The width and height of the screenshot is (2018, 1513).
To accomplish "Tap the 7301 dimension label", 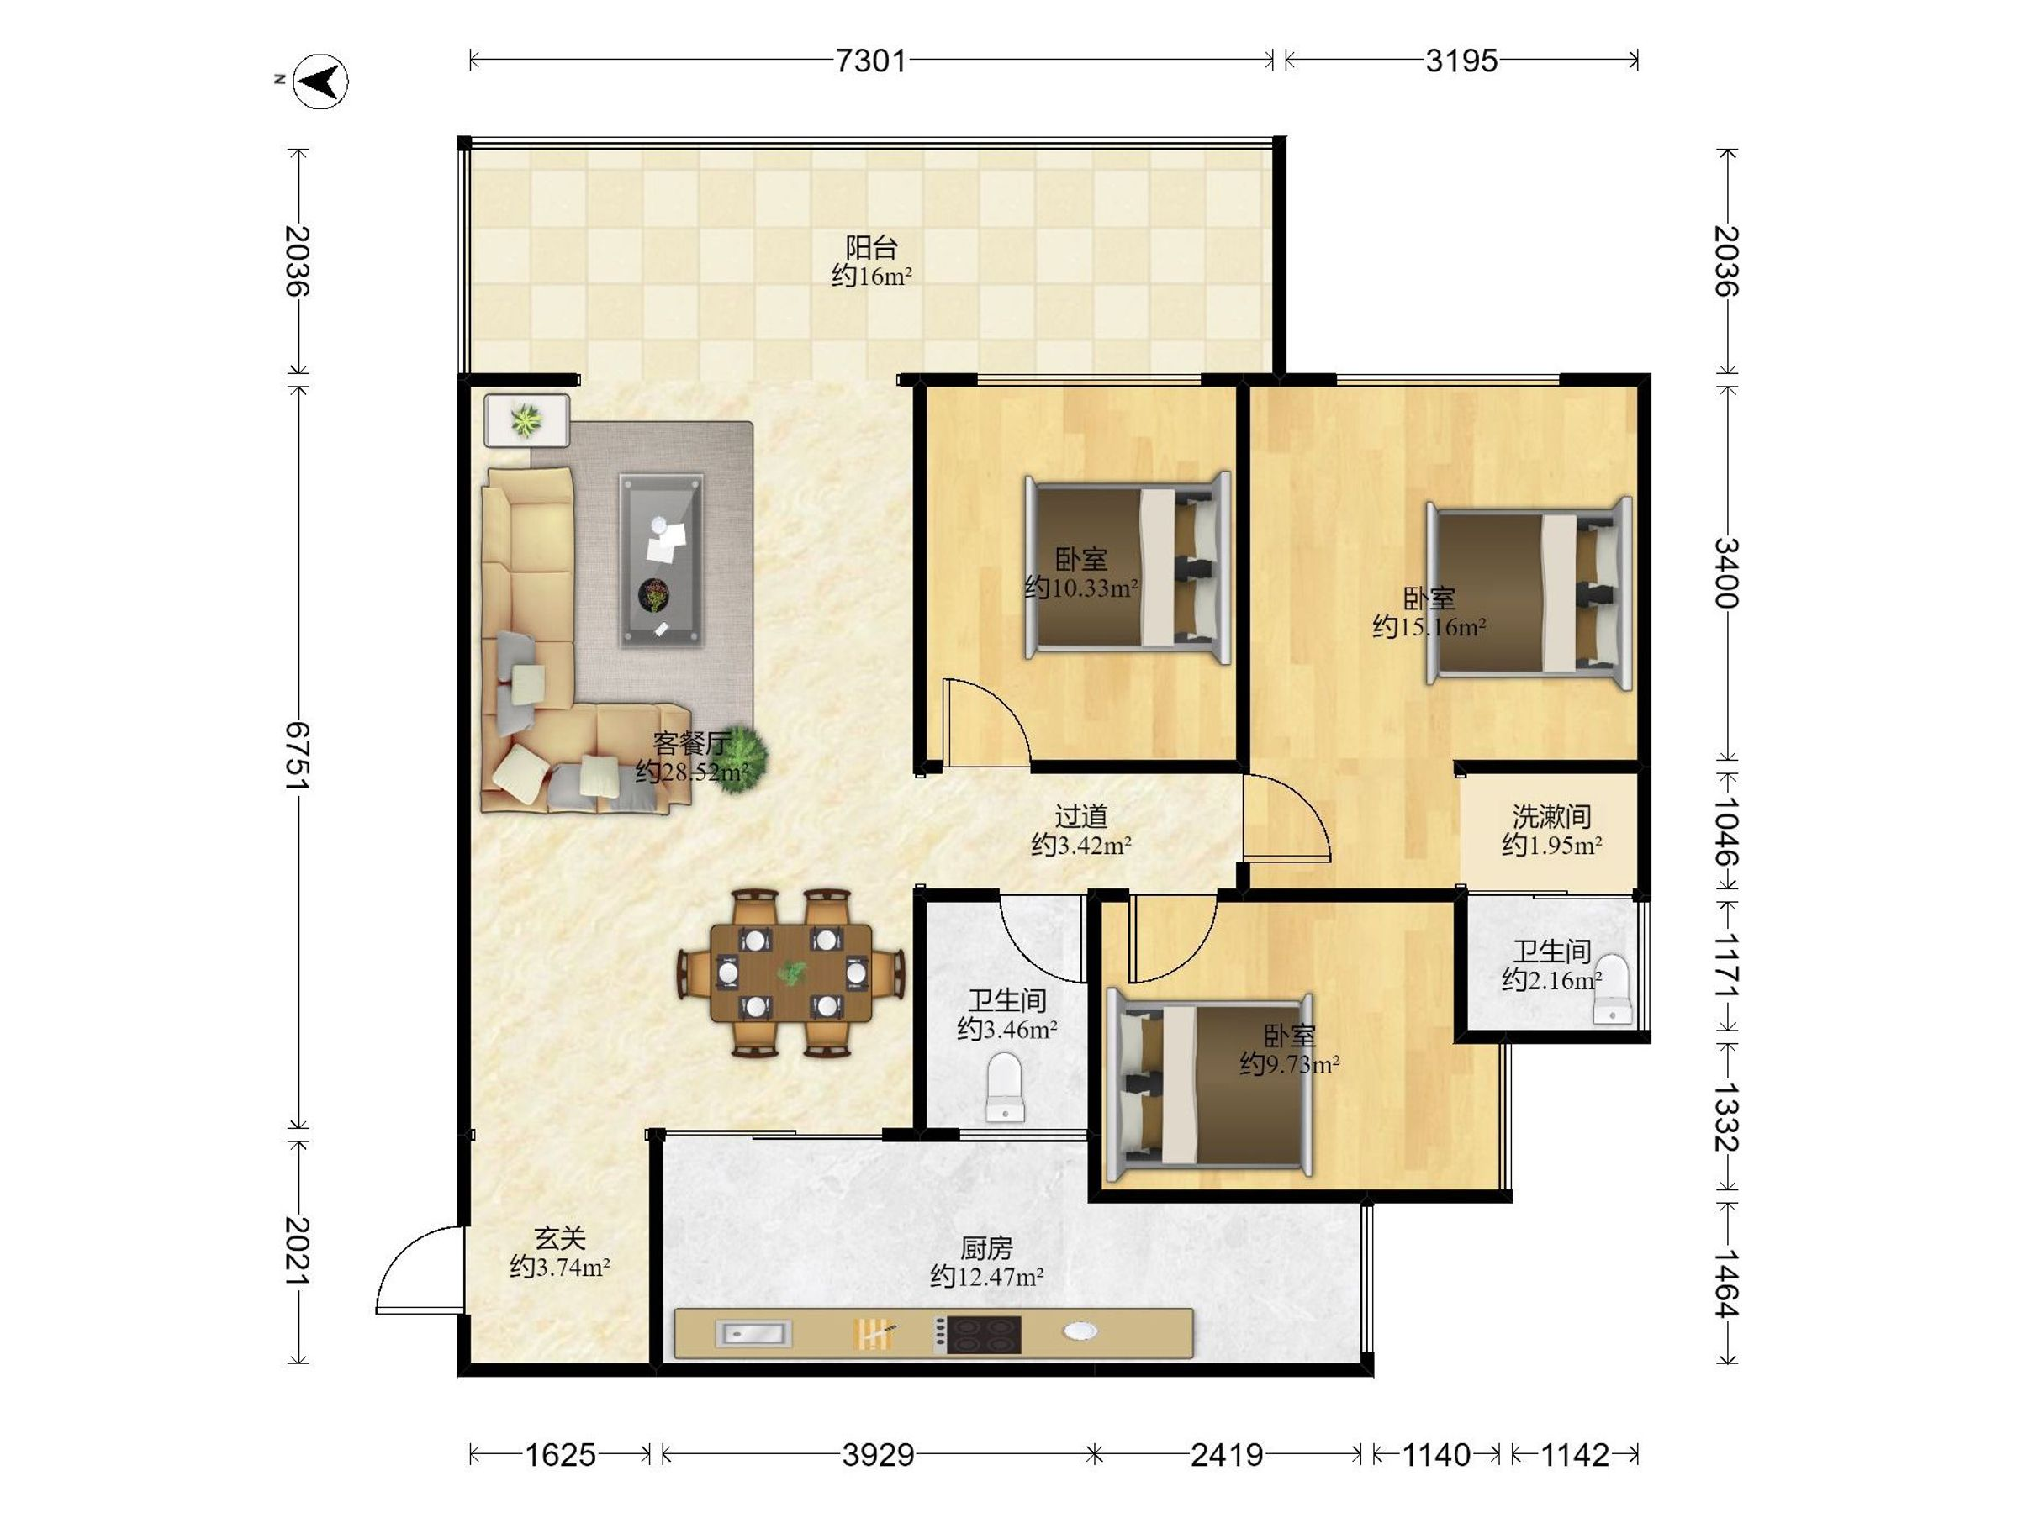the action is coord(871,61).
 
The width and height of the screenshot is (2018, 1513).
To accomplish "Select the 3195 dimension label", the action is coord(1461,61).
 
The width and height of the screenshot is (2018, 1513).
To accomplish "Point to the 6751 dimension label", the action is coord(298,758).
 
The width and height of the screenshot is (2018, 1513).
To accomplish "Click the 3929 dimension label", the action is coord(878,1455).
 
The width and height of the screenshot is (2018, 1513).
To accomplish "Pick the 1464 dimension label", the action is coord(1726,1284).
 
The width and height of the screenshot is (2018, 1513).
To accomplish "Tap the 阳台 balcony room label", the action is coord(871,247).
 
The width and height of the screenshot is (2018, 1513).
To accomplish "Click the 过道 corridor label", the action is coord(1081,816).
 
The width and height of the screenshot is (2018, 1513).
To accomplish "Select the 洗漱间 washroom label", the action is coord(1552,816).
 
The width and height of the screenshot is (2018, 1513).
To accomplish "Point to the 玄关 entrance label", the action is coord(559,1238).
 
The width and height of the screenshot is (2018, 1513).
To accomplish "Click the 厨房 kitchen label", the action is coord(986,1247).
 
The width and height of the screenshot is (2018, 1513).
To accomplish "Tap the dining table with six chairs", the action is coord(791,973).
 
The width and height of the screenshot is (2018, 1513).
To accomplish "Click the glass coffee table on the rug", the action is coord(662,560).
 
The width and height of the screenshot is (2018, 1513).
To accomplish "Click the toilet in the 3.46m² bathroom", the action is coord(1006,1087).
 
